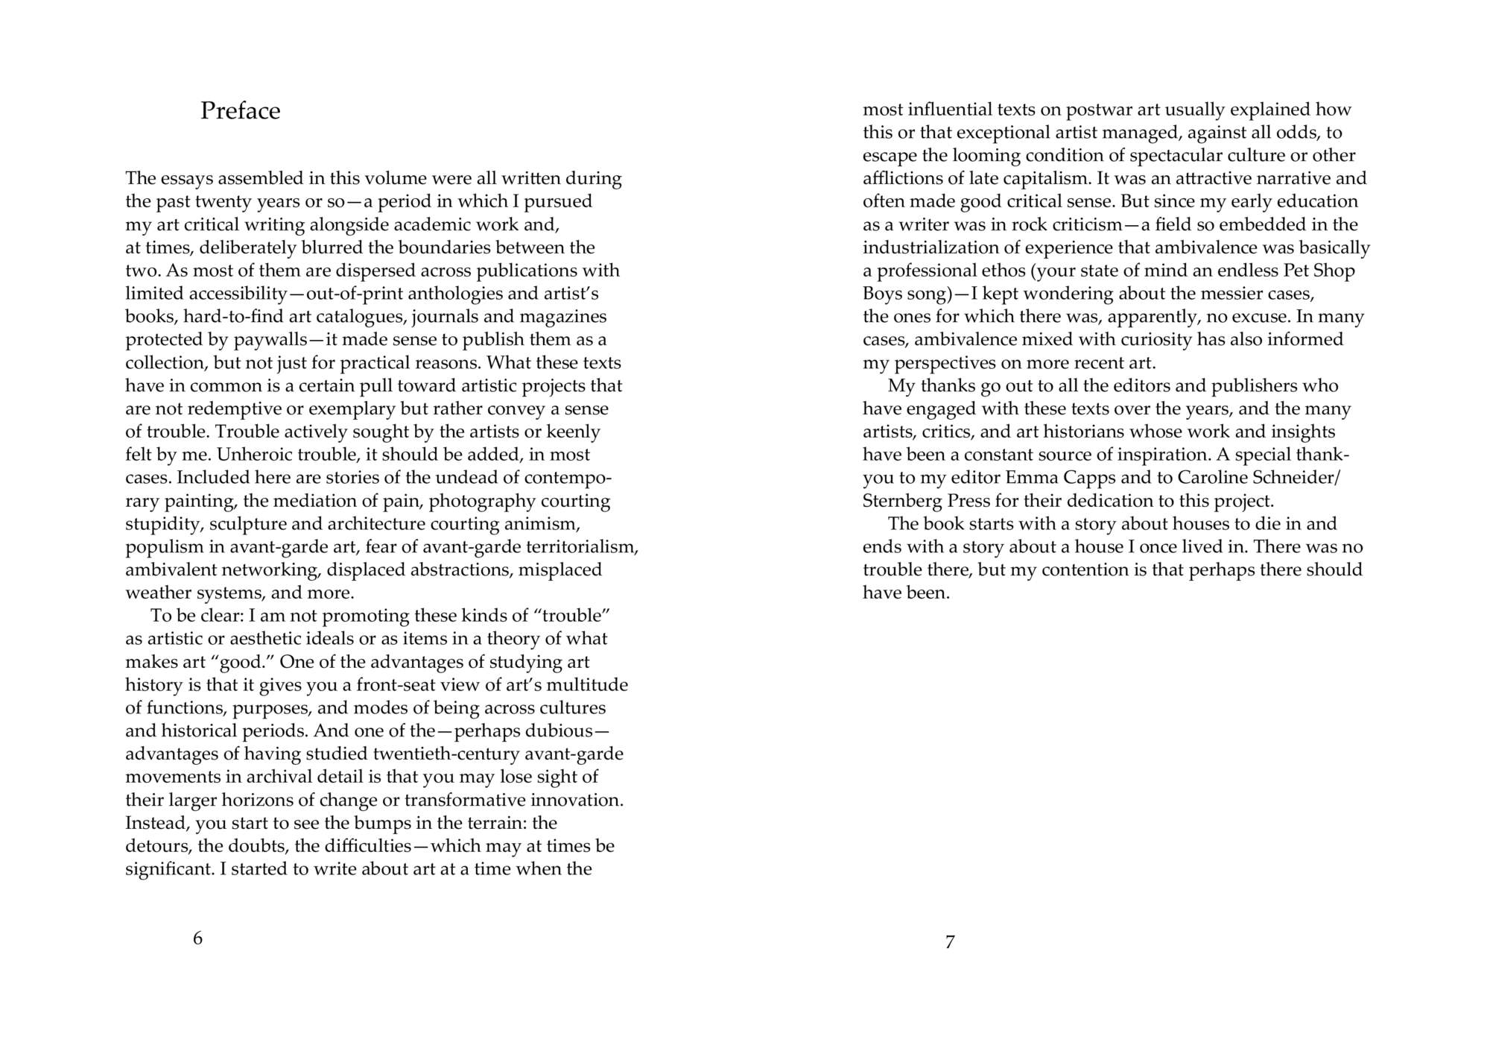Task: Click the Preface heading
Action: tap(240, 111)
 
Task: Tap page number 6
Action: tap(197, 938)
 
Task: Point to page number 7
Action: tap(950, 941)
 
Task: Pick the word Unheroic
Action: tap(250, 455)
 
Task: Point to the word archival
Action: tap(281, 777)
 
